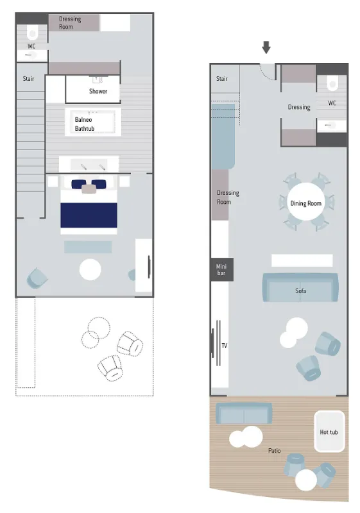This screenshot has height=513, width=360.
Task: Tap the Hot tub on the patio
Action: (x=329, y=432)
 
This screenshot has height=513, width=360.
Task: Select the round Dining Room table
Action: (x=305, y=203)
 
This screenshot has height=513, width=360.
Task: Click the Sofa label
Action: (x=301, y=290)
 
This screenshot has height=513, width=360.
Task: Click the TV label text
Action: (x=225, y=346)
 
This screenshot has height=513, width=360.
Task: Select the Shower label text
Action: (x=98, y=91)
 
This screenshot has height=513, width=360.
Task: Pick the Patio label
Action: (x=274, y=451)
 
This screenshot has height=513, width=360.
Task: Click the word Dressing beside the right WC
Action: (x=299, y=107)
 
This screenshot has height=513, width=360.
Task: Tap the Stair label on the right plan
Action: (x=222, y=79)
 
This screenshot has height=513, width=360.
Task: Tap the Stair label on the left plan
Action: (x=28, y=79)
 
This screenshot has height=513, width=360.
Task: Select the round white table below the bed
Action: (x=90, y=269)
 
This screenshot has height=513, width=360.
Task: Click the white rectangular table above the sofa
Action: (x=302, y=260)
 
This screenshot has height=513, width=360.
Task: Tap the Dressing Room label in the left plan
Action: (x=70, y=22)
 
